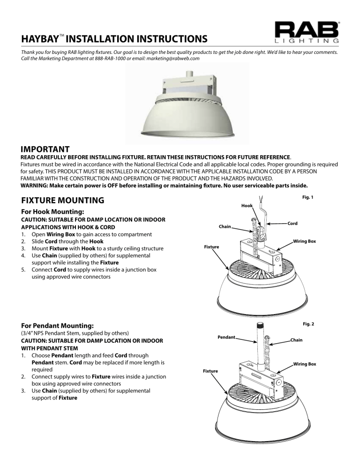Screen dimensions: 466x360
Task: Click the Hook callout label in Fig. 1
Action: [x=247, y=205]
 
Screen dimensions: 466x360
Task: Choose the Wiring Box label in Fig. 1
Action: [x=304, y=241]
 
